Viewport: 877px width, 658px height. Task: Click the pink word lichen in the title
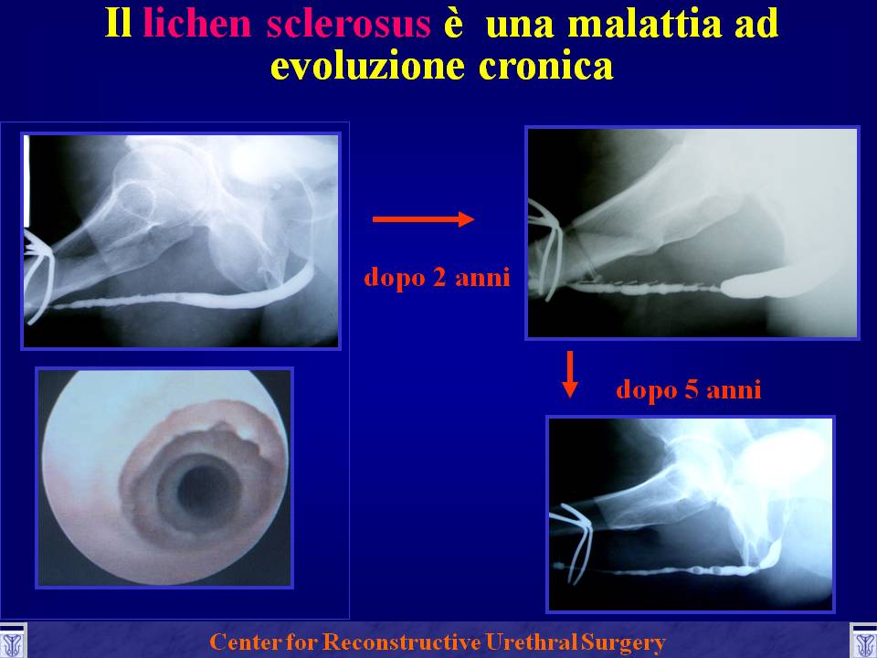pos(196,24)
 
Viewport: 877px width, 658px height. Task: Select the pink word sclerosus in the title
pos(348,24)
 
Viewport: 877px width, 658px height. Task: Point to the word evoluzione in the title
pos(367,66)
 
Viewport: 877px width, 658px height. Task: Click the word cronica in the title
pos(546,66)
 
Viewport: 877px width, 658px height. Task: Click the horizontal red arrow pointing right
pos(423,218)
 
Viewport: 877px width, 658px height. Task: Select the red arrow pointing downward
pos(569,375)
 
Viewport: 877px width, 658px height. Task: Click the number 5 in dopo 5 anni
pos(692,389)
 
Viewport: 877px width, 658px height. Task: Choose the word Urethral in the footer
pos(532,642)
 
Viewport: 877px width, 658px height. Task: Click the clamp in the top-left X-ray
pos(38,274)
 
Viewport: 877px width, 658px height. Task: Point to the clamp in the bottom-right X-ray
pos(572,540)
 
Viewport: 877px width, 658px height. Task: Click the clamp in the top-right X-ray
pos(544,249)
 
